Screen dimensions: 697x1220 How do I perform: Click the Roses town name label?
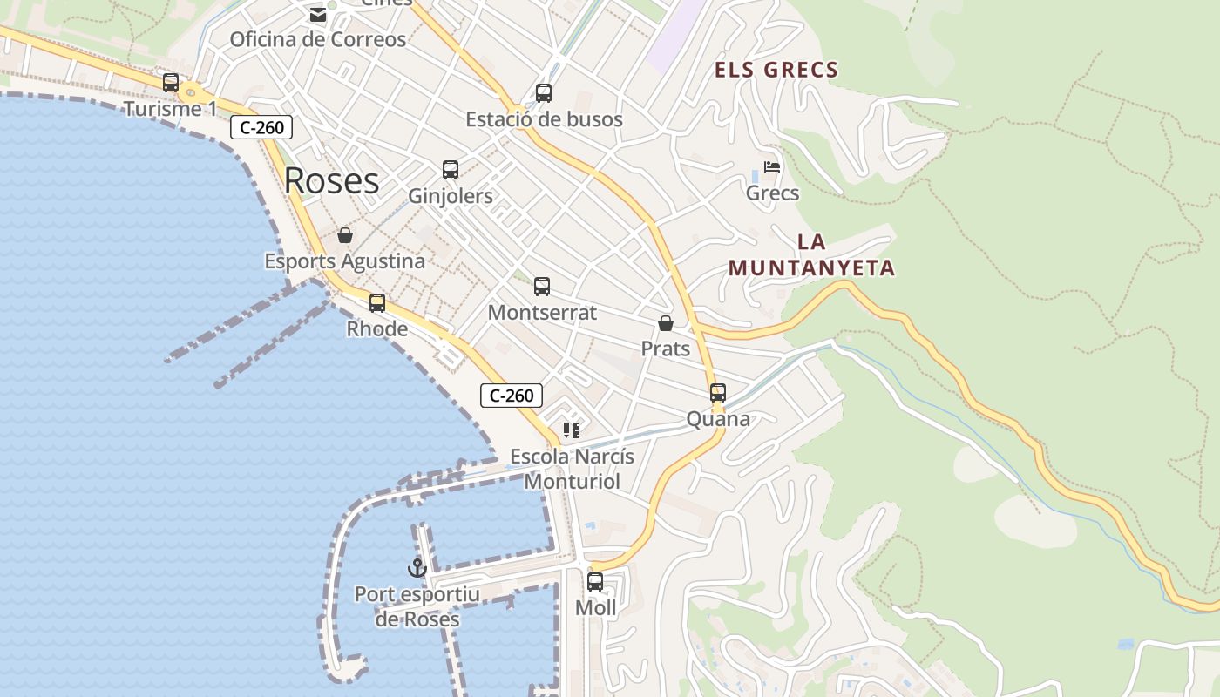pos(331,180)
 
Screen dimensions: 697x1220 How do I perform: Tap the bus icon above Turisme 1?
pos(171,83)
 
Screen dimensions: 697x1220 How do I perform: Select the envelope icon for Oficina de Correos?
pos(317,15)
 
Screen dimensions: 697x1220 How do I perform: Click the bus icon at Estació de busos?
pos(544,92)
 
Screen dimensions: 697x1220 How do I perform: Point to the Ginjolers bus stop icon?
pos(451,170)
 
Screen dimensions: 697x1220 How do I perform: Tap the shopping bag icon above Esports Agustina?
pos(345,235)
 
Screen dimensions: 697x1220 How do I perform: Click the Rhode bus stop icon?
pos(377,303)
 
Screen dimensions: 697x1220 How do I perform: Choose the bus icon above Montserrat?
pos(542,287)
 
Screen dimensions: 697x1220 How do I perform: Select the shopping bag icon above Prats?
pos(666,323)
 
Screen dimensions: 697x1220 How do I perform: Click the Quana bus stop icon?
pos(718,393)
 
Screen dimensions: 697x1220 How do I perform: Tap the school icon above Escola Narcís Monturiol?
pos(572,430)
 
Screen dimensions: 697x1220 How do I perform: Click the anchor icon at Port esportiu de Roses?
pos(417,568)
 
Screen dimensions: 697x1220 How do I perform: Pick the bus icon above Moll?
pos(595,582)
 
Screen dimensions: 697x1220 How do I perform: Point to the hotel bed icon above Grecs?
pos(772,167)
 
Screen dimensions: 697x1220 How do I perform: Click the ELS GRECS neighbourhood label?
pos(776,70)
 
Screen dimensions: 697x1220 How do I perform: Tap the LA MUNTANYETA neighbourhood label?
pos(812,254)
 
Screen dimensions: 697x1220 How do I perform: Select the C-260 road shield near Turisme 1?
pos(261,127)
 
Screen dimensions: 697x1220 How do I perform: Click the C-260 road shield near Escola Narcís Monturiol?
pos(512,396)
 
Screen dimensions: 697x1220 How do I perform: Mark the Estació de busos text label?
pos(544,119)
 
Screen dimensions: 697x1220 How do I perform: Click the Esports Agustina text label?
pos(345,261)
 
